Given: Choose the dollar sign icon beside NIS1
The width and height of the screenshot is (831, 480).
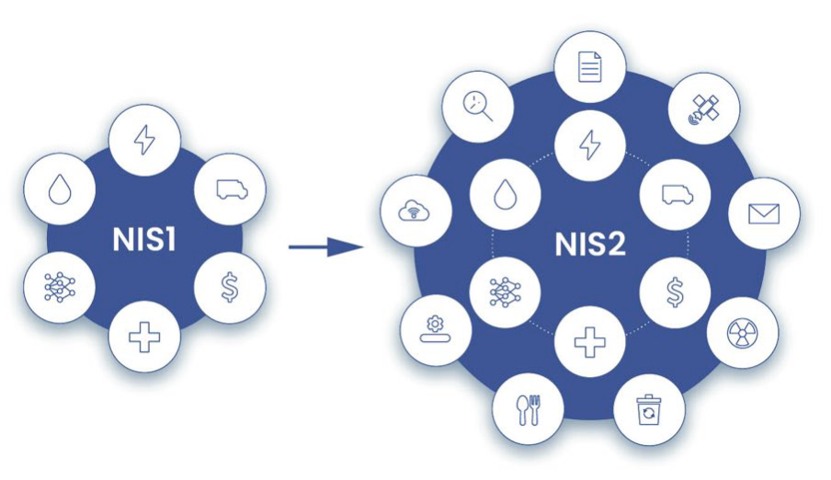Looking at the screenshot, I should tap(231, 287).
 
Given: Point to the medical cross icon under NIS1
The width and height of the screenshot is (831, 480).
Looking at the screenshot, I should tap(143, 337).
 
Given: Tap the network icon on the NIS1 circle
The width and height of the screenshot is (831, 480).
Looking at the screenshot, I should tap(57, 287).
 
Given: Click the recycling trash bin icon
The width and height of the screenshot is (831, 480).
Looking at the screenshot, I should tap(649, 407).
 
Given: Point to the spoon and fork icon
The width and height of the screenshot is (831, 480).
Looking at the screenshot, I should tap(528, 408).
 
